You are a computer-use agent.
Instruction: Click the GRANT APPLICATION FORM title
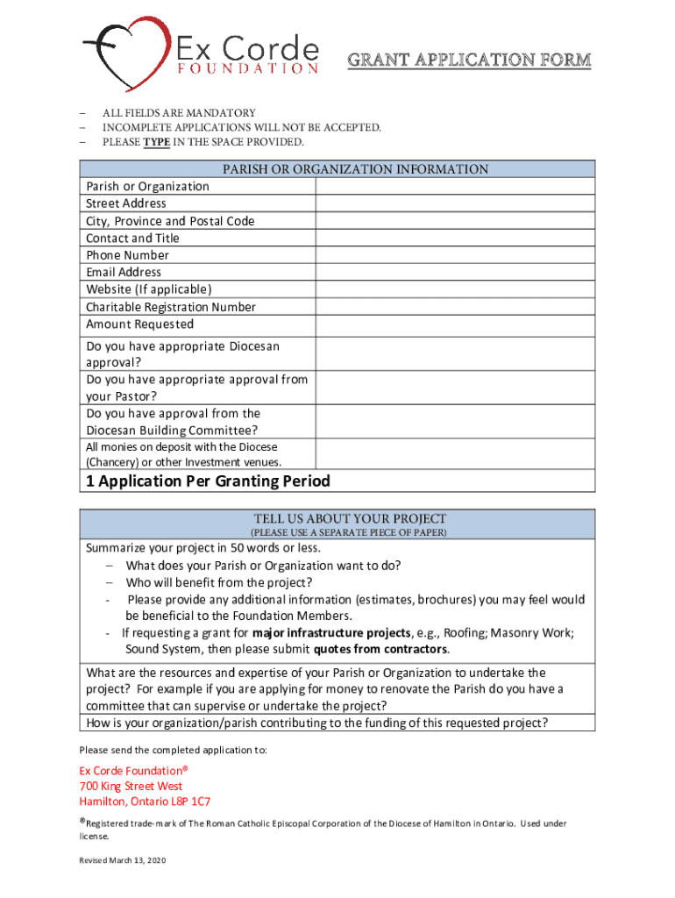pyautogui.click(x=469, y=61)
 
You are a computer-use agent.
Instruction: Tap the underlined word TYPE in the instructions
pyautogui.click(x=157, y=142)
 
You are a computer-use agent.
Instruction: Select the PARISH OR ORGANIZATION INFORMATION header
pyautogui.click(x=337, y=169)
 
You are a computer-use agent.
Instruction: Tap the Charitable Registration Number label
pyautogui.click(x=171, y=307)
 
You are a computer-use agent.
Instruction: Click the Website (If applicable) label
pyautogui.click(x=149, y=289)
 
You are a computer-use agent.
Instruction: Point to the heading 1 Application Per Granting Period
pyautogui.click(x=208, y=481)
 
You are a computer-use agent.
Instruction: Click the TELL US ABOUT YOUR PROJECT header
pyautogui.click(x=349, y=518)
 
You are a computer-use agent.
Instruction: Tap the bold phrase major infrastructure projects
pyautogui.click(x=330, y=633)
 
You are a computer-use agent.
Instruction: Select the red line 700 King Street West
pyautogui.click(x=131, y=786)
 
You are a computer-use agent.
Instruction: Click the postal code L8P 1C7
pyautogui.click(x=188, y=802)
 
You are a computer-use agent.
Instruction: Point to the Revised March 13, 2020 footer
pyautogui.click(x=122, y=860)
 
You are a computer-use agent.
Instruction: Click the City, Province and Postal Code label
pyautogui.click(x=170, y=221)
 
